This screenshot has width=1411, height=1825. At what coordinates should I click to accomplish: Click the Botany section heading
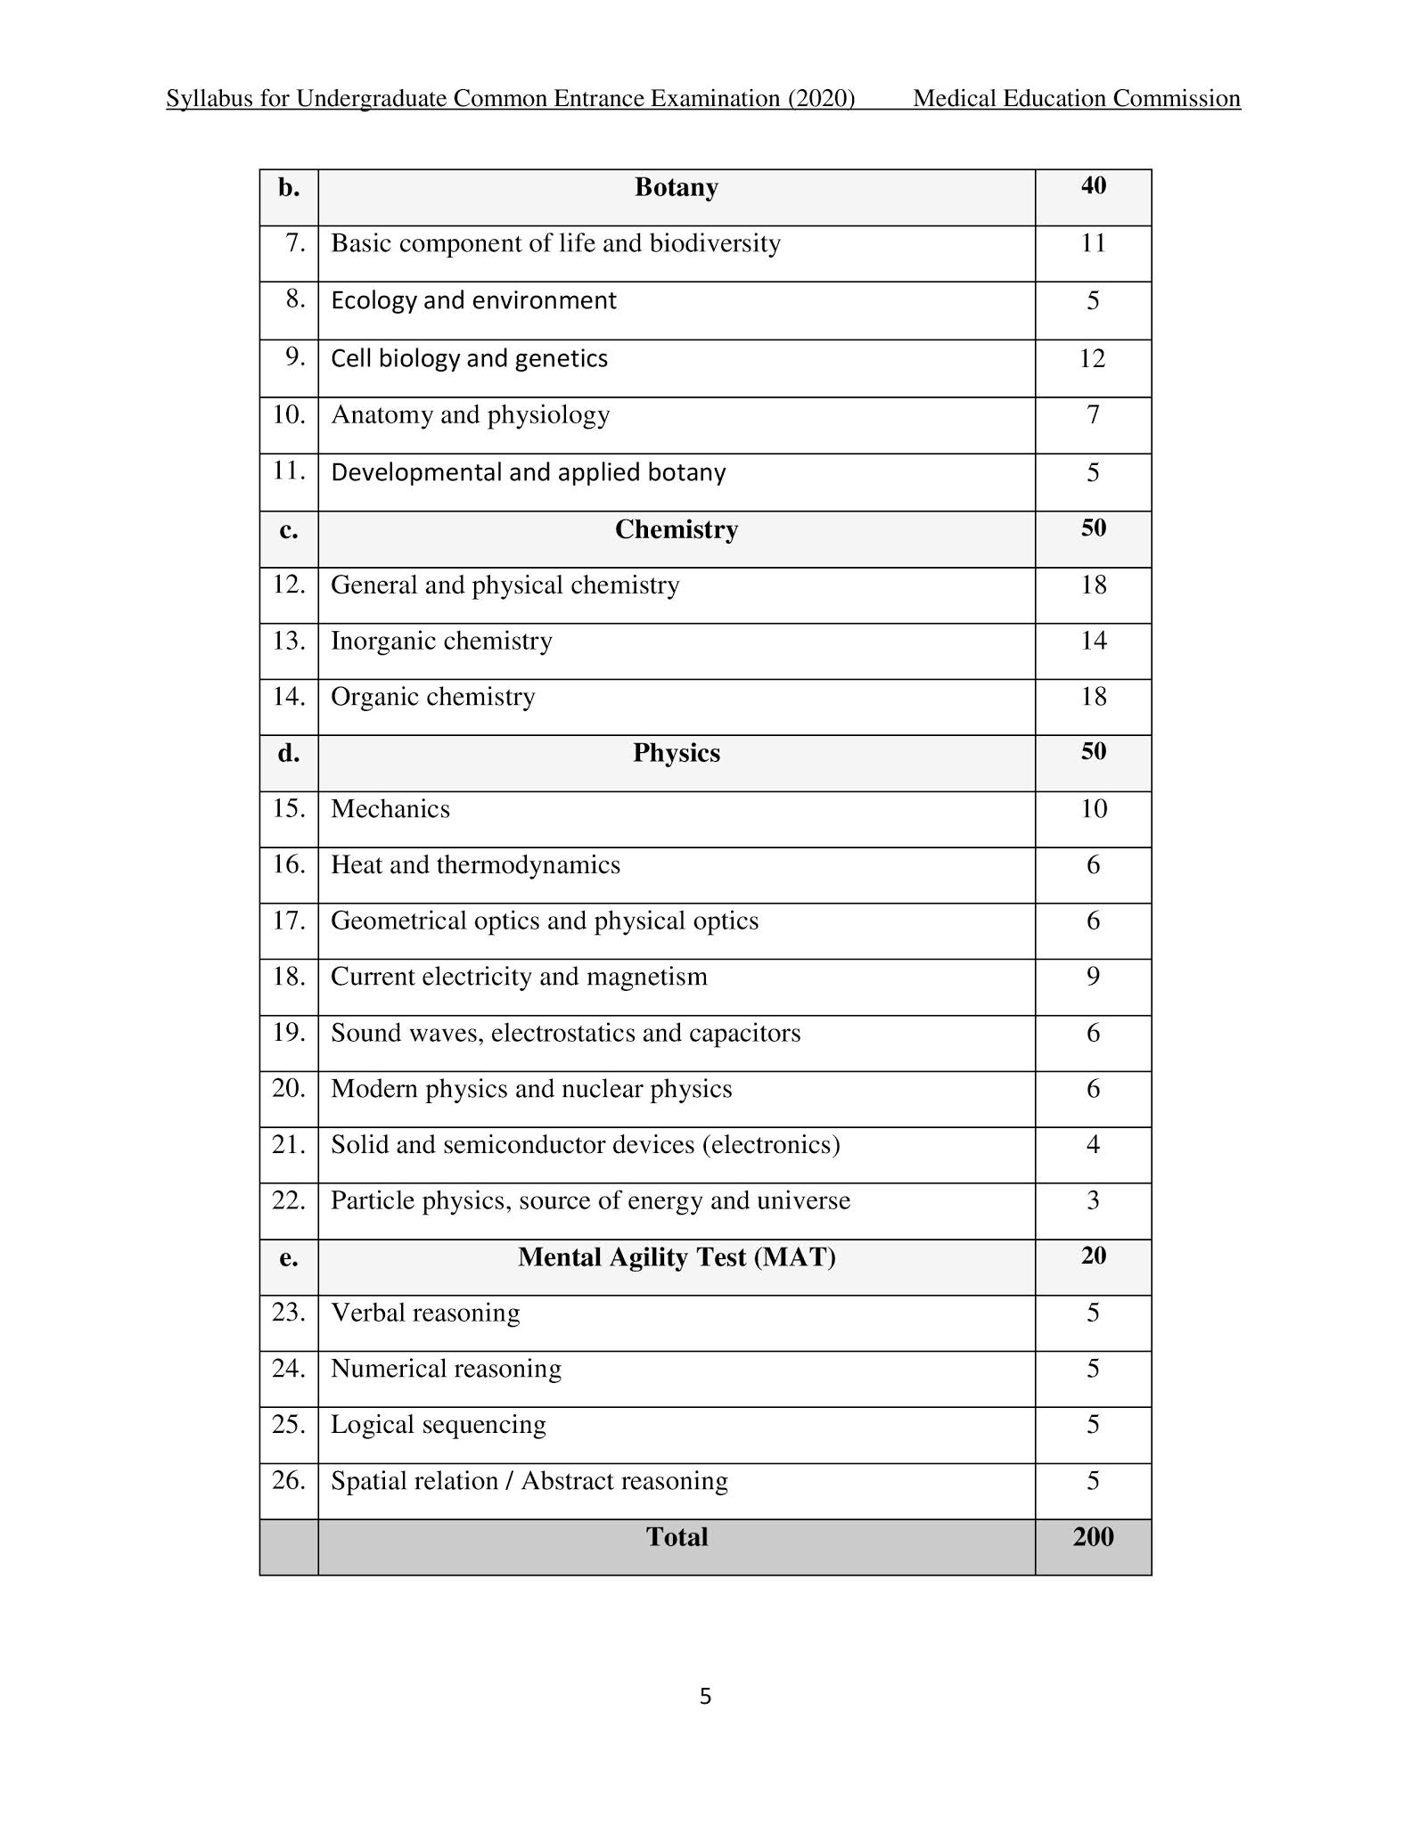(676, 187)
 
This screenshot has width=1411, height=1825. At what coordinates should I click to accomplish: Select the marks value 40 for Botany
(1093, 185)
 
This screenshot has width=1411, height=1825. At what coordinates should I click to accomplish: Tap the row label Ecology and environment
(473, 300)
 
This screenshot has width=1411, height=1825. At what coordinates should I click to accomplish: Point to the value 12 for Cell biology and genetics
(1092, 358)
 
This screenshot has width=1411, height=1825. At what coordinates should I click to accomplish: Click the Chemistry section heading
(676, 529)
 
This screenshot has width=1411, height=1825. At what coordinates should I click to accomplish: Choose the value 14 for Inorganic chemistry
(1093, 641)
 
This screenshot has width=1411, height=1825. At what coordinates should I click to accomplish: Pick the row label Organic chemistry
(433, 697)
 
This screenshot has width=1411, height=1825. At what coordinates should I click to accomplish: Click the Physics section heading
(676, 753)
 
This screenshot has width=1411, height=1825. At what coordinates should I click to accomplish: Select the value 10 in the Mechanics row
(1093, 809)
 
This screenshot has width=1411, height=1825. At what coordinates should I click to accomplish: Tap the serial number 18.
(289, 977)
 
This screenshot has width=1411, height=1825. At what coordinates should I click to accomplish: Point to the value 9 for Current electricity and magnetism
(1093, 977)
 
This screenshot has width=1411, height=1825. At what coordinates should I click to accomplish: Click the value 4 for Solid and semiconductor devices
(1093, 1144)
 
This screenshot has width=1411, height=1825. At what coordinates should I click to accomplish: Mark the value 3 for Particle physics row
(1093, 1200)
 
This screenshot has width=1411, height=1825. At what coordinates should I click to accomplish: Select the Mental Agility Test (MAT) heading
(676, 1257)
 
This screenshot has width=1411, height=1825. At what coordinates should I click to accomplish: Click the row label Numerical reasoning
(446, 1369)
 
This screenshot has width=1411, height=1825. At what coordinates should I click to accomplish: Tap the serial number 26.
(289, 1480)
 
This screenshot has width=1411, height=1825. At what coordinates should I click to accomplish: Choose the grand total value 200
(1093, 1537)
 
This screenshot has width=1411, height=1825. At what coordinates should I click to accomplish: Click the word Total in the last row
(676, 1537)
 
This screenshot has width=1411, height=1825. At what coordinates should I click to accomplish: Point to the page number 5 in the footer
(705, 1697)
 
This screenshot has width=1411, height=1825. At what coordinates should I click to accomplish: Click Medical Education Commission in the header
(1076, 99)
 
